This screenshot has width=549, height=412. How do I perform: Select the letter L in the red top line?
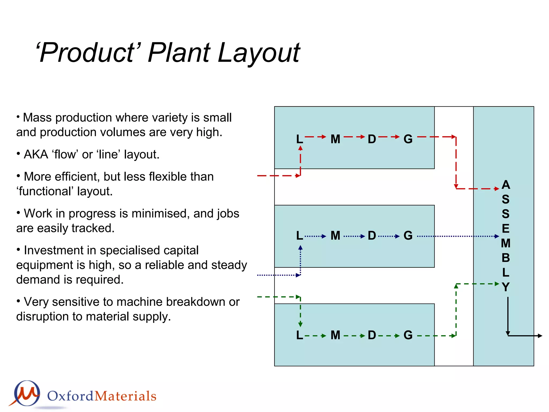click(x=299, y=139)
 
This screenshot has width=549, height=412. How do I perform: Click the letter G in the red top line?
click(x=408, y=139)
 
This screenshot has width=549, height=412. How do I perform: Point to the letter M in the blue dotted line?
click(x=335, y=236)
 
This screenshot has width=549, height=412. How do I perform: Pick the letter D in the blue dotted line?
click(x=372, y=236)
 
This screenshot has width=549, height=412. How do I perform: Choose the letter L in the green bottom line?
click(x=299, y=335)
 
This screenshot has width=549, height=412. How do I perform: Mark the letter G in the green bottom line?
click(x=408, y=335)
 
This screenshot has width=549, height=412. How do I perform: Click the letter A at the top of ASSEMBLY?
click(x=506, y=185)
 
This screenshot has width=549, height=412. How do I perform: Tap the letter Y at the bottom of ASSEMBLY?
click(x=506, y=287)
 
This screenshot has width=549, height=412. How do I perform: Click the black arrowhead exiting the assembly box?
click(x=540, y=336)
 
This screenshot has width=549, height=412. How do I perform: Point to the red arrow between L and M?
click(x=315, y=137)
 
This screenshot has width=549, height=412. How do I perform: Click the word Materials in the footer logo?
click(x=125, y=396)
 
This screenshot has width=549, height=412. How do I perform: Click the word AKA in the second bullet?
click(x=36, y=154)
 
